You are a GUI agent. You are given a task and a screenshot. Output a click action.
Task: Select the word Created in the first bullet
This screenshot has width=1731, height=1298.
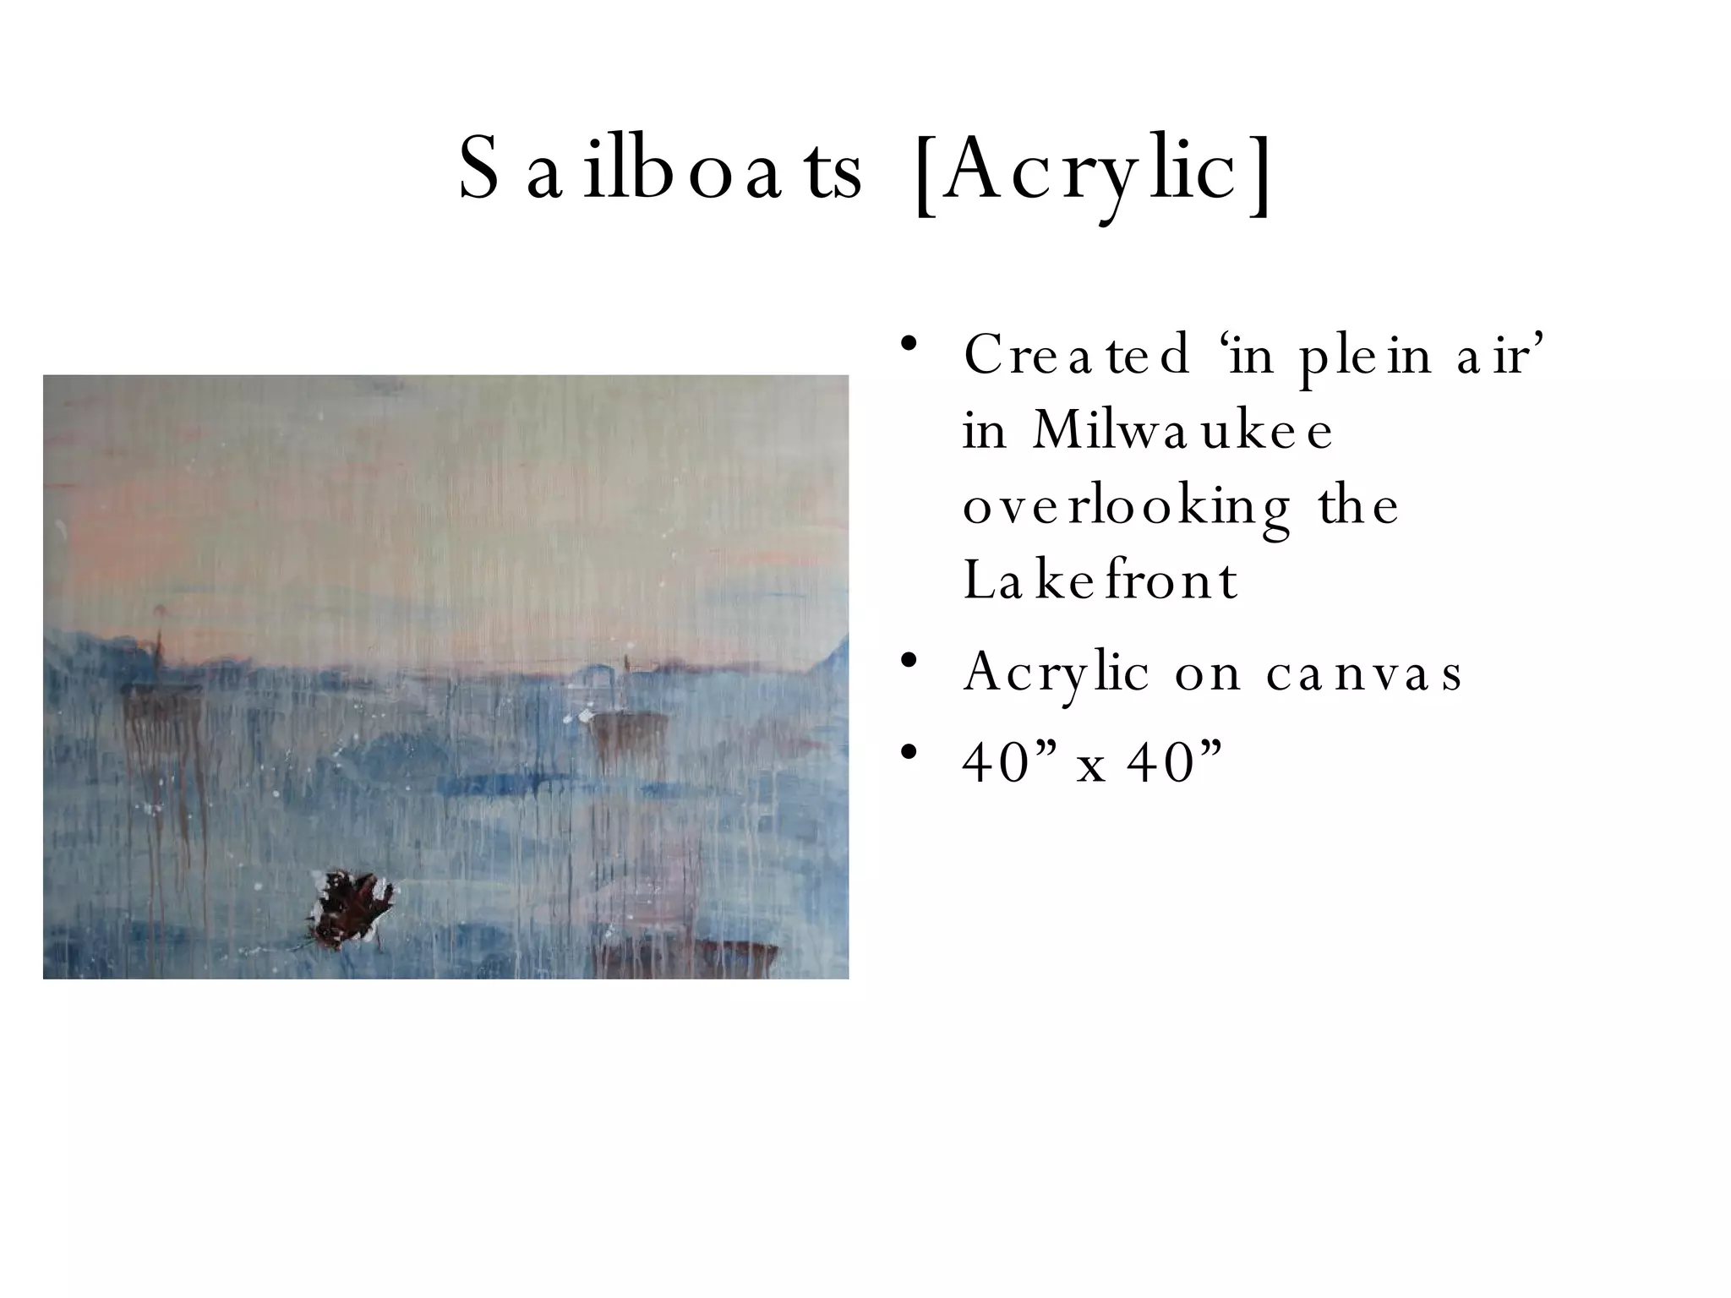pyautogui.click(x=1077, y=356)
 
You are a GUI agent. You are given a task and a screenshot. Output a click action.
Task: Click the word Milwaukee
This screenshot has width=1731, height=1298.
pyautogui.click(x=1182, y=431)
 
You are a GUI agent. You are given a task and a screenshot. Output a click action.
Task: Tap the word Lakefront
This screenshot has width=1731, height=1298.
pyautogui.click(x=1100, y=581)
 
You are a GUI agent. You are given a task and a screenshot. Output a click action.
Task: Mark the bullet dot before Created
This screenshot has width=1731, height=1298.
pyautogui.click(x=909, y=345)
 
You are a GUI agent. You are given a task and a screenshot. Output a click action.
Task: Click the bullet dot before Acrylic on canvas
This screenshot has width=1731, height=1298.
pyautogui.click(x=909, y=660)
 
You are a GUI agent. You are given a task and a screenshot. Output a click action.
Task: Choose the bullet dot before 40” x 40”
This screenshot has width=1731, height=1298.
pyautogui.click(x=909, y=751)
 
